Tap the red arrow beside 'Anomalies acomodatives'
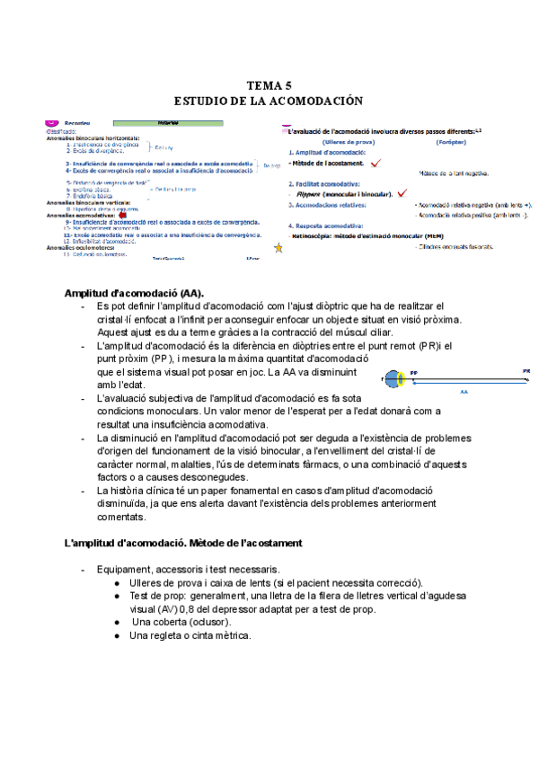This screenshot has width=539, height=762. (122, 215)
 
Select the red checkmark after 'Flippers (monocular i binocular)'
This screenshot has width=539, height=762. (402, 192)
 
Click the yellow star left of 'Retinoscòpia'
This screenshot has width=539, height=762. (278, 247)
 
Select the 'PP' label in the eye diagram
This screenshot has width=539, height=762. (414, 371)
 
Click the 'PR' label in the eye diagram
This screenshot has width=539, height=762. (526, 370)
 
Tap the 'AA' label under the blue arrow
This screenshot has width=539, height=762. (464, 392)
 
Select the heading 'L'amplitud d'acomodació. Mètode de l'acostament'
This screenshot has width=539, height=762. (183, 544)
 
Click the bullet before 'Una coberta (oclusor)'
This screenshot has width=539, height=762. (119, 622)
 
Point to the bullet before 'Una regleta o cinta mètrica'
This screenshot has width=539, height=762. (119, 635)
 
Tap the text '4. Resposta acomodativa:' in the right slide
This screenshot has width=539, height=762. (327, 226)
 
